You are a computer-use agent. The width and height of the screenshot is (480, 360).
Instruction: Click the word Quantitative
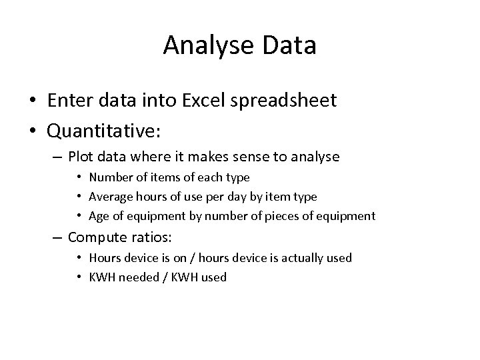103,131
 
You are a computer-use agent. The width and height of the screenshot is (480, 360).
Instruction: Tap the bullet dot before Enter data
32,101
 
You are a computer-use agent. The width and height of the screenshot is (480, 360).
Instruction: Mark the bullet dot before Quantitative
32,131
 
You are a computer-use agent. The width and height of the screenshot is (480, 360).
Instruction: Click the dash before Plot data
57,158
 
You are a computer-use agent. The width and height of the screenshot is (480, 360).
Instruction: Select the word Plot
81,158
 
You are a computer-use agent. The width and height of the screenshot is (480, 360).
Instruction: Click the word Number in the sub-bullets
110,177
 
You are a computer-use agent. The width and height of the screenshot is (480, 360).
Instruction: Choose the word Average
110,197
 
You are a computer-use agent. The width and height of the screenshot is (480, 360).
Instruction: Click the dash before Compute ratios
57,237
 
